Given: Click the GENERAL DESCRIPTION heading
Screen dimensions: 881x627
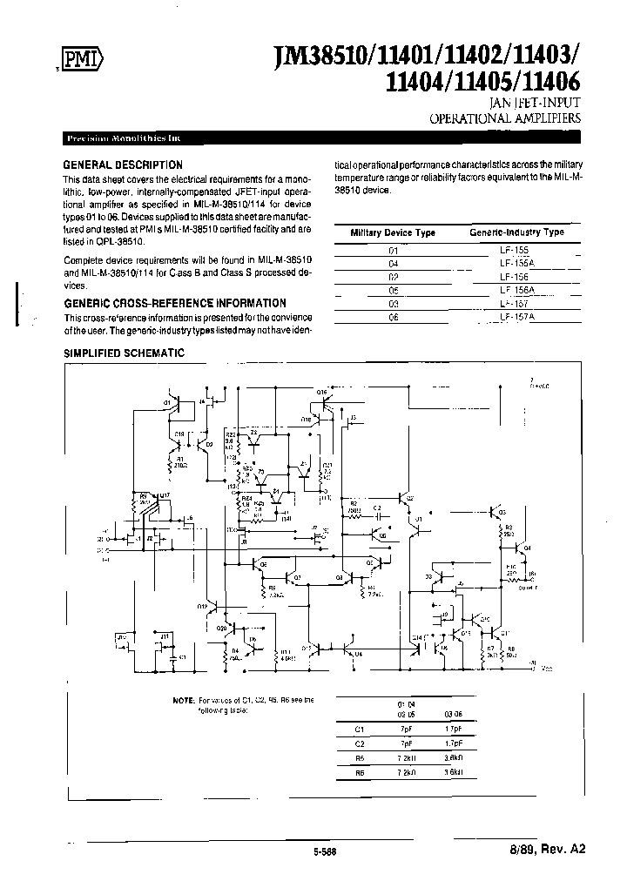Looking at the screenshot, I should [123, 165].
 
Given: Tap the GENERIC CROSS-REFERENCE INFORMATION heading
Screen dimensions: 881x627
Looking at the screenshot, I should [176, 303].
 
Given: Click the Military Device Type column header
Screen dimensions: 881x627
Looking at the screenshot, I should [393, 232].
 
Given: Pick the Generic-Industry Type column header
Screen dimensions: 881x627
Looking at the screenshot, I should [517, 232].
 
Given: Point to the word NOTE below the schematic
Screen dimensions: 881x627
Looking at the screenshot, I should [184, 700].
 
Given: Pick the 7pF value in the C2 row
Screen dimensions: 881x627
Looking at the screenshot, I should [404, 745].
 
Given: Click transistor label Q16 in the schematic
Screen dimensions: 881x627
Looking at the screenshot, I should [321, 393].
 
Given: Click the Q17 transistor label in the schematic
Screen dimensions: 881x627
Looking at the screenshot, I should [165, 494].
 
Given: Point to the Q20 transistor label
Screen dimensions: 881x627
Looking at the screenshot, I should [221, 628].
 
